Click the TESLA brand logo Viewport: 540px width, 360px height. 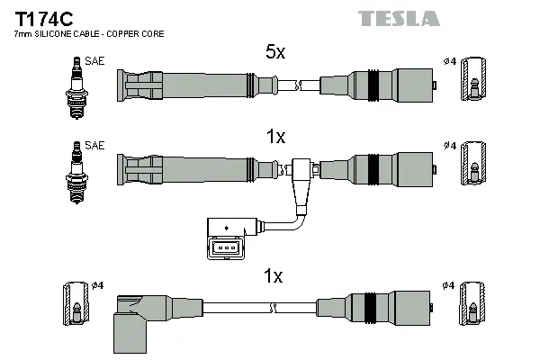pos(398,18)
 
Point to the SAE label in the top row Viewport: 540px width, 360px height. pos(93,61)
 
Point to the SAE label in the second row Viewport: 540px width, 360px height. pos(93,144)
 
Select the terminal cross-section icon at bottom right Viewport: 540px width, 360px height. pos(472,306)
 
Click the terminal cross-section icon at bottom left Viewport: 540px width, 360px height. pos(76,306)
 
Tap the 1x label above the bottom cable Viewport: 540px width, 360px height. pos(274,274)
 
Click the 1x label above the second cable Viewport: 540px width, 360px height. pos(275,137)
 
